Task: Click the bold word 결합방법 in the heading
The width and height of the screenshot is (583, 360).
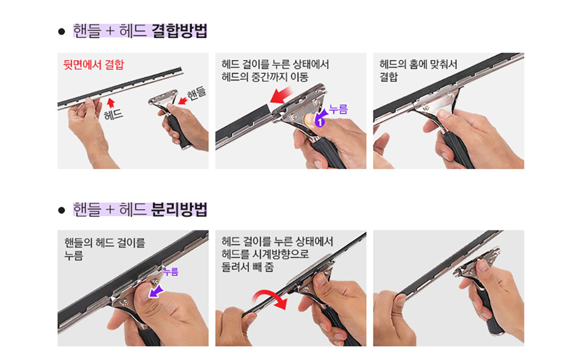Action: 179,31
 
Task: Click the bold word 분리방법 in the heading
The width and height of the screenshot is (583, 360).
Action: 179,210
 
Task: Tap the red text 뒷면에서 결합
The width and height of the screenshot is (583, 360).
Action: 94,64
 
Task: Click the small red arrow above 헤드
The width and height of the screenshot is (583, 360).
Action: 111,103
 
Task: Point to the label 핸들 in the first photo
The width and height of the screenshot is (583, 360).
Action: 196,94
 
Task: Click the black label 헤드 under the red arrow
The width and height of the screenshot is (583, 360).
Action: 113,115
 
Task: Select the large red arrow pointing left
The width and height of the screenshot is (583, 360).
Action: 281,95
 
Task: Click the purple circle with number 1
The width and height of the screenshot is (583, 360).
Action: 320,122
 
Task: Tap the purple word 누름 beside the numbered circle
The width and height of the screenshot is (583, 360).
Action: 339,109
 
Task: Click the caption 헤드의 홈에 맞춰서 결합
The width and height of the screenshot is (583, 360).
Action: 418,70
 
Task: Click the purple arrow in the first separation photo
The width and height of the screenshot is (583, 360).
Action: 156,291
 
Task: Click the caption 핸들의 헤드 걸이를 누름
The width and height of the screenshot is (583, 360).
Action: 104,249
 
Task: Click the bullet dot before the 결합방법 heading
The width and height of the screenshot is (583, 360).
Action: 61,31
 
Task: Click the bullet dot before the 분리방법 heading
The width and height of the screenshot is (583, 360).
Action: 61,210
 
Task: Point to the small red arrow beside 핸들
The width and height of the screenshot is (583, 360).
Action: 183,101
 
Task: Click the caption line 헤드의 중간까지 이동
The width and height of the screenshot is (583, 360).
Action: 265,77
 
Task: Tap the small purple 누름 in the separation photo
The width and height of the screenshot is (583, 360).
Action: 171,272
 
